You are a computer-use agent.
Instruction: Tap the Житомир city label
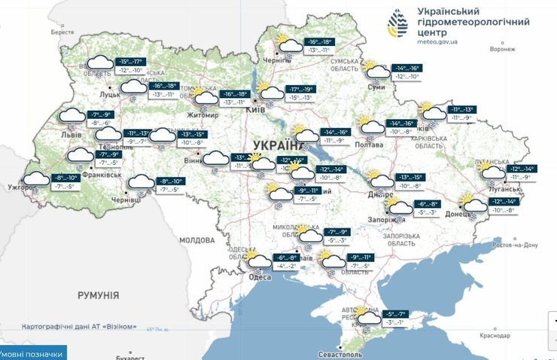click(202, 115)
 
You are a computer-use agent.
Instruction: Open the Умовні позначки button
click(32, 353)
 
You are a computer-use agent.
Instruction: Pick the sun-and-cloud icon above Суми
click(373, 71)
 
